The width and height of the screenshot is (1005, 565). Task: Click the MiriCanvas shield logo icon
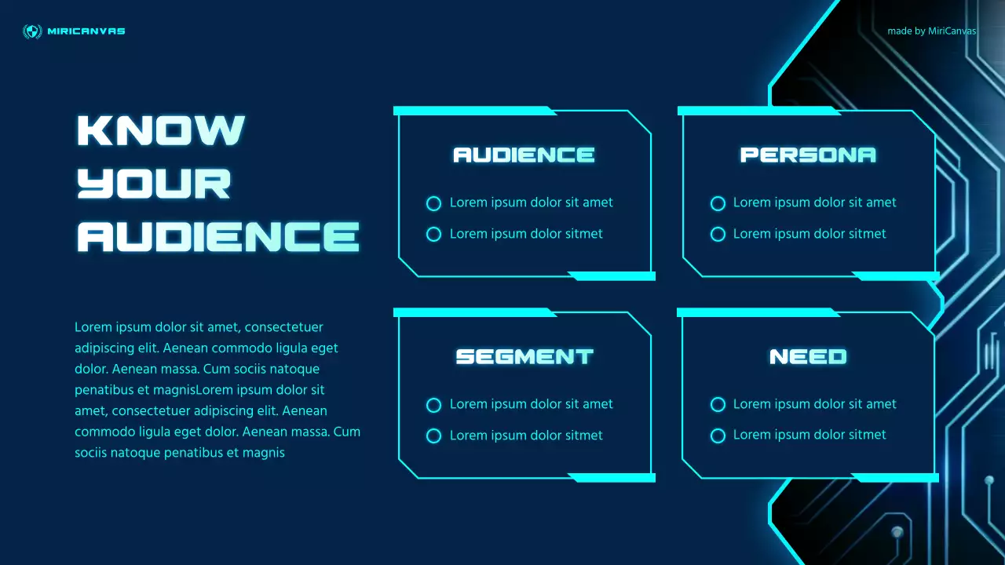tap(32, 31)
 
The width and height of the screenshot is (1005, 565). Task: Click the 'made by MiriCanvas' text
tap(931, 31)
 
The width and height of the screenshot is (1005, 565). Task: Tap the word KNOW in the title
tap(161, 130)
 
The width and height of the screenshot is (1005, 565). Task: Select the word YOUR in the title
tap(154, 183)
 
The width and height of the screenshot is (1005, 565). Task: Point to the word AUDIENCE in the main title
tap(217, 236)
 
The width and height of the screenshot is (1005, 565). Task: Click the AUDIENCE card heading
tap(524, 155)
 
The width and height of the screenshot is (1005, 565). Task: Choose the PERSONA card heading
tap(808, 155)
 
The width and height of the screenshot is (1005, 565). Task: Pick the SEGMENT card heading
tap(524, 356)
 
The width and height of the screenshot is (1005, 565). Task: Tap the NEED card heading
tap(808, 356)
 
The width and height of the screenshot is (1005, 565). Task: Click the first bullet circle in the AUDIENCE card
tap(433, 203)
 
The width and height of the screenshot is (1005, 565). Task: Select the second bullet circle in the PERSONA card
tap(718, 234)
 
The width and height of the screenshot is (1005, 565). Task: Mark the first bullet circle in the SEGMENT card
tap(433, 405)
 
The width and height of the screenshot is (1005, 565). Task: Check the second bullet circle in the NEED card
tap(718, 436)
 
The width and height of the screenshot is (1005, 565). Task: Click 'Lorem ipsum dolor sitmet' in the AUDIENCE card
tap(526, 234)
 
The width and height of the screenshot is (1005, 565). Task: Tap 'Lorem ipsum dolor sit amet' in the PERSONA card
tap(814, 202)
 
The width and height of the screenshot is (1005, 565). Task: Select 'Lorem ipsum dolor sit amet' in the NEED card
tap(814, 404)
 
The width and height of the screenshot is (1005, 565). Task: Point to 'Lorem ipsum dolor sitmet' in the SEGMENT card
tap(526, 436)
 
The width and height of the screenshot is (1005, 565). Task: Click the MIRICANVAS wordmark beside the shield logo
tap(86, 31)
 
